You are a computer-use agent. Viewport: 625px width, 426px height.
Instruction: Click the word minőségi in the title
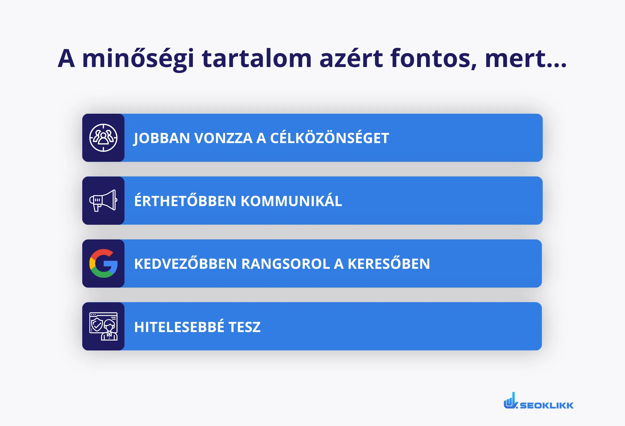[x=138, y=59]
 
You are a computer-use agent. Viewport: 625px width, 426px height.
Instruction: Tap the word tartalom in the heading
[x=257, y=59]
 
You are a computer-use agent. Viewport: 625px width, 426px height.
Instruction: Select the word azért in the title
[x=351, y=59]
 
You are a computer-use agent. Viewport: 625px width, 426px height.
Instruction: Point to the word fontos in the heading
[x=433, y=59]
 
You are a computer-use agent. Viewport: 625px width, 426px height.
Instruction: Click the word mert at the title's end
[x=515, y=59]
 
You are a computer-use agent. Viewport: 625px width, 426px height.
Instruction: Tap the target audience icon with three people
[x=103, y=138]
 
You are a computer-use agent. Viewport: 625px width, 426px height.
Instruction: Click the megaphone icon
[x=103, y=200]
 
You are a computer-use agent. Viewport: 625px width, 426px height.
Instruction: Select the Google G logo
[x=103, y=263]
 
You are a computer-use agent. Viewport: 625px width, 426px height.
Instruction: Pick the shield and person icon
[x=103, y=326]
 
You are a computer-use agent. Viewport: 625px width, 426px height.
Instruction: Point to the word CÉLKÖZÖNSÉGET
[x=329, y=138]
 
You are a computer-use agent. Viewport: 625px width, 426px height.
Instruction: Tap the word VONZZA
[x=223, y=138]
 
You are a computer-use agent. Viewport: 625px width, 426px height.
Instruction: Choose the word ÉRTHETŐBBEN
[x=185, y=201]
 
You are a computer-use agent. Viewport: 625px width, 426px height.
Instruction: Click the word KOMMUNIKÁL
[x=291, y=201]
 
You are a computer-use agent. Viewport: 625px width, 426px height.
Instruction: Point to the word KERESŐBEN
[x=389, y=264]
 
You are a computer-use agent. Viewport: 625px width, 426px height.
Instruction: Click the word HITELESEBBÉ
[x=179, y=327]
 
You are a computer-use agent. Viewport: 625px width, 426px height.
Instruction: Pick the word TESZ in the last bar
[x=244, y=327]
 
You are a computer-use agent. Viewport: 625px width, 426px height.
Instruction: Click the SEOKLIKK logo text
[x=546, y=405]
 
